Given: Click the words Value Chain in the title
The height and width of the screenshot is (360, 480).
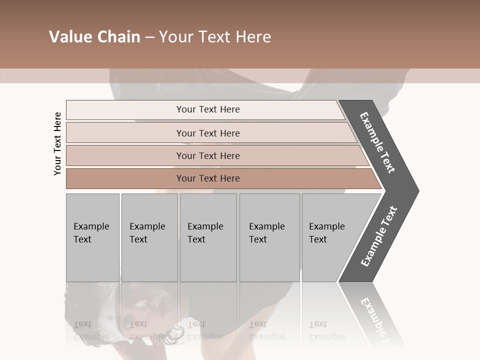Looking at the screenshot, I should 94,37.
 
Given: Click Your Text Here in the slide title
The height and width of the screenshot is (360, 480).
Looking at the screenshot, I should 215,37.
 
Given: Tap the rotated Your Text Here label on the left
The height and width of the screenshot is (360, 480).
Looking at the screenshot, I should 57,143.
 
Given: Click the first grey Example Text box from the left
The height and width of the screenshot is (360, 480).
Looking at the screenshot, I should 92,237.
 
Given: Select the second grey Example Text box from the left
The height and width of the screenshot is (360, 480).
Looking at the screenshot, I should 149,237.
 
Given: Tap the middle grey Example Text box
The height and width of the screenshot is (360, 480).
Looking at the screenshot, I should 208,237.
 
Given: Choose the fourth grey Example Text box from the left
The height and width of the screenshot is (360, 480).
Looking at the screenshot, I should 269,237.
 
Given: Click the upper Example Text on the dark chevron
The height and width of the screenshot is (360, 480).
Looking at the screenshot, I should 377,142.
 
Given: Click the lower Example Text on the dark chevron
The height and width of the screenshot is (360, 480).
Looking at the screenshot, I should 379,236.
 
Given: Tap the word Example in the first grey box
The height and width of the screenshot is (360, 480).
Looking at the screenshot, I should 91,226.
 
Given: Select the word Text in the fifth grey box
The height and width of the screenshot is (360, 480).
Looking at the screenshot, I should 318,239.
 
